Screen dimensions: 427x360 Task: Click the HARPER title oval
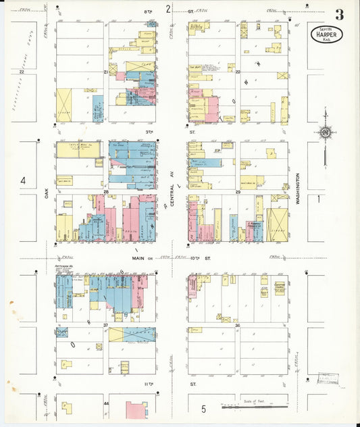(x=327, y=34)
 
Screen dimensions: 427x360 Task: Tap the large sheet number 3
(x=338, y=14)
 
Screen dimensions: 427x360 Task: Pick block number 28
(x=106, y=193)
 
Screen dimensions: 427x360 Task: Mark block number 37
(x=105, y=325)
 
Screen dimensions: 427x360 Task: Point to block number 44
(x=106, y=403)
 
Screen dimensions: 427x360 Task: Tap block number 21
(x=106, y=71)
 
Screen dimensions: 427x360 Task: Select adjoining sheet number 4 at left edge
(x=22, y=180)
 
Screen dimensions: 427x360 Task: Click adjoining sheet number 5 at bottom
(x=203, y=409)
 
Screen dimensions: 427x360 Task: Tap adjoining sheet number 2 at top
(x=168, y=9)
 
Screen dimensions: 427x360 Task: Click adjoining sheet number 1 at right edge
(x=319, y=199)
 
